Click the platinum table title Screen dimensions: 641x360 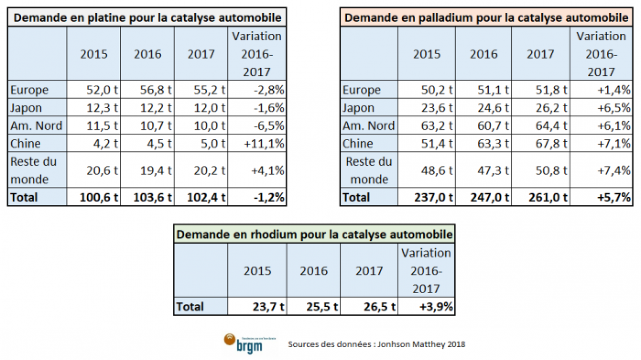[147, 18]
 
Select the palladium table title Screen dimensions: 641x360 [486, 18]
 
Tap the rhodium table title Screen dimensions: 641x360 [314, 235]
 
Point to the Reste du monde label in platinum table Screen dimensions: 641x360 [33, 170]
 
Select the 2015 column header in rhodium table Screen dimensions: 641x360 [257, 271]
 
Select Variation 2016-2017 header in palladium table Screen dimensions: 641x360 [601, 54]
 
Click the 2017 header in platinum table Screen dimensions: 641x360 [201, 54]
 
